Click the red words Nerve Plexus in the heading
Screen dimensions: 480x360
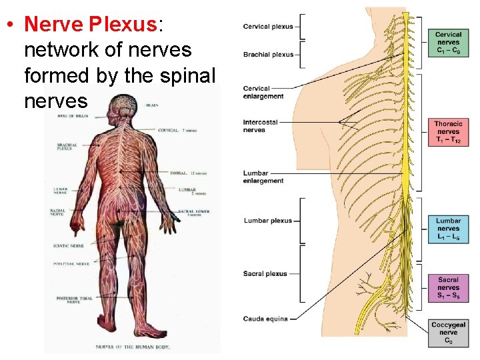[90, 24]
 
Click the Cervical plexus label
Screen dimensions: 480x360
[268, 27]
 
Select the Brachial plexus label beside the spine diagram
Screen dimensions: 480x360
[268, 55]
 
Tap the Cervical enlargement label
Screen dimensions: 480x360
[263, 92]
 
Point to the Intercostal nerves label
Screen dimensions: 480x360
[260, 126]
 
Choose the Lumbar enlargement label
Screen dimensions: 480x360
[263, 177]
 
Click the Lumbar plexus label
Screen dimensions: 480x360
[268, 221]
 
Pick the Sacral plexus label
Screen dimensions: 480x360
[265, 273]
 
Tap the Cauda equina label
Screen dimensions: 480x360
[265, 319]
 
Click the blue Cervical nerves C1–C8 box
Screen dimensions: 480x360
[448, 43]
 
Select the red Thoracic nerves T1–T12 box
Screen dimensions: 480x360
[448, 132]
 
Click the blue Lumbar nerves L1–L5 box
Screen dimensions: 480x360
[448, 229]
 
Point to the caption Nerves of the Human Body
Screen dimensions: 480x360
[133, 347]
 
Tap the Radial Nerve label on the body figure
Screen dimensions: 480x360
[57, 212]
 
